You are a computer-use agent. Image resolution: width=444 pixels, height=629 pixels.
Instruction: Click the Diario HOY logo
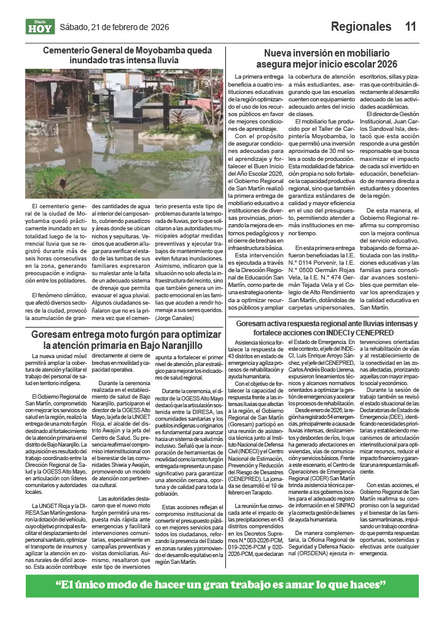click(40, 26)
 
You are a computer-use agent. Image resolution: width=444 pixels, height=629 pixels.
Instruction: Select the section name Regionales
click(360, 26)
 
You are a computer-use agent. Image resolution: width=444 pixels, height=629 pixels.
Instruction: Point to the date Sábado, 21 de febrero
click(104, 27)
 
